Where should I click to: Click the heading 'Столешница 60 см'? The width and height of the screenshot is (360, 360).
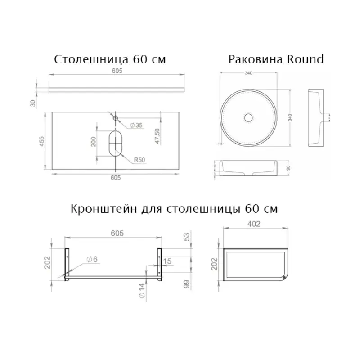[x=110, y=60]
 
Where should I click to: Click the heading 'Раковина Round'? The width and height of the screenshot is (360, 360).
[x=275, y=60]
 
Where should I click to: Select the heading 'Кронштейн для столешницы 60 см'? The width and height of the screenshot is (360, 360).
[x=174, y=209]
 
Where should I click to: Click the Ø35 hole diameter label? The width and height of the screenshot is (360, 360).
[x=136, y=125]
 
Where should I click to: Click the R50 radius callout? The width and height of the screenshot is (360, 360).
[x=139, y=160]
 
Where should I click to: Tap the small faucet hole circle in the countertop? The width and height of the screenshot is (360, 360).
[x=116, y=118]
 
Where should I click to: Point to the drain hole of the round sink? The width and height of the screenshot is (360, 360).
[x=248, y=118]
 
